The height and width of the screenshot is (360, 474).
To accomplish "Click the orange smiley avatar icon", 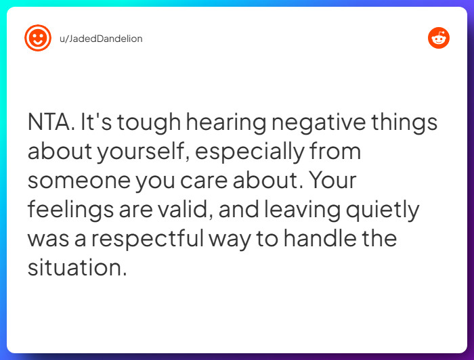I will click(38, 38).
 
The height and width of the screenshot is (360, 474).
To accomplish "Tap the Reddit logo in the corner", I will click(439, 38).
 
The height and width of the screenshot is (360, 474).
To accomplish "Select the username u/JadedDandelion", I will click(101, 39).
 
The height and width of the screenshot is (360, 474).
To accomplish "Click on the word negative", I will click(318, 123).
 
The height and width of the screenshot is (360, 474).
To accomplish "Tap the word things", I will click(404, 123).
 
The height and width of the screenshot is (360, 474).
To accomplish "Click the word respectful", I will click(158, 240).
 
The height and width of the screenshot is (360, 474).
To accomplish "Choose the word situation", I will click(77, 268).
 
